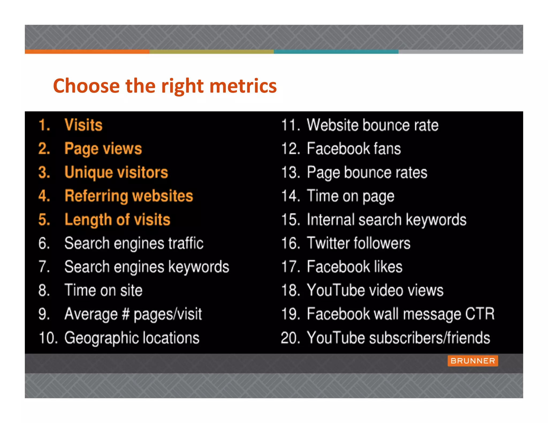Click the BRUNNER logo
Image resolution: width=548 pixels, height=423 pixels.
[x=473, y=361]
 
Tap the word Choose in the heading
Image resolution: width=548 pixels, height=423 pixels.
[x=86, y=86]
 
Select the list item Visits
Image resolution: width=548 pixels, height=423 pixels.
[x=83, y=125]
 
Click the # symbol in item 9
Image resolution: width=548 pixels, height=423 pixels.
[x=125, y=314]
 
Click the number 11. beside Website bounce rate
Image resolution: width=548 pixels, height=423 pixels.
[x=291, y=125]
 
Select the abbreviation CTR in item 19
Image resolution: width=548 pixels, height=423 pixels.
[x=479, y=314]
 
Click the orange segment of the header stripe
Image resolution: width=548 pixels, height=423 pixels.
[x=87, y=52]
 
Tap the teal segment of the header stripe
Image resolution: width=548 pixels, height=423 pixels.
[x=336, y=52]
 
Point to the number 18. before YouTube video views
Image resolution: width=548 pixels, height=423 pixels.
[x=291, y=290]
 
